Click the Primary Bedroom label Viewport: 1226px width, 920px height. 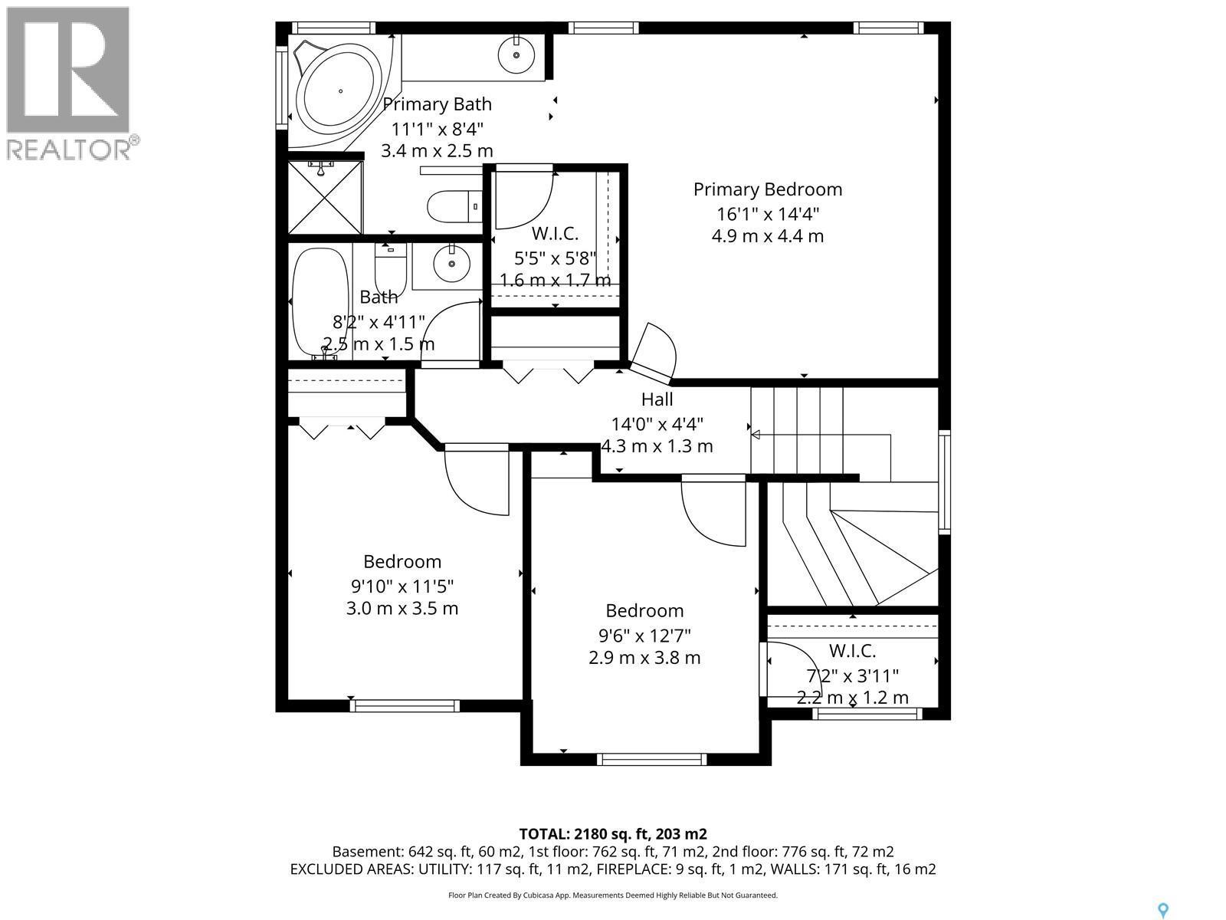[x=767, y=189]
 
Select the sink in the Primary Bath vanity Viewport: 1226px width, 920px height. [x=517, y=54]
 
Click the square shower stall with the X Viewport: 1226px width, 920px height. [x=325, y=197]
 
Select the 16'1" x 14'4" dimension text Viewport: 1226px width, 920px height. [x=767, y=213]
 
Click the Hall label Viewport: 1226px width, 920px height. [x=657, y=399]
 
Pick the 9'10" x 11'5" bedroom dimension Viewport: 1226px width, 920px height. [x=402, y=586]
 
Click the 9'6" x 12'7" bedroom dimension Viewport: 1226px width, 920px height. [x=644, y=636]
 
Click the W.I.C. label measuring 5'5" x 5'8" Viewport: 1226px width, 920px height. [x=555, y=233]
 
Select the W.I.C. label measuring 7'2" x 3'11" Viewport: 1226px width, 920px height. [x=852, y=651]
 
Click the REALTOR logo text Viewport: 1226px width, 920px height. [x=69, y=149]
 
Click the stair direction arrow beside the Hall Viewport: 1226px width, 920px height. [x=755, y=435]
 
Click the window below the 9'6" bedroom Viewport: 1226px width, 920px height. [x=651, y=759]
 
